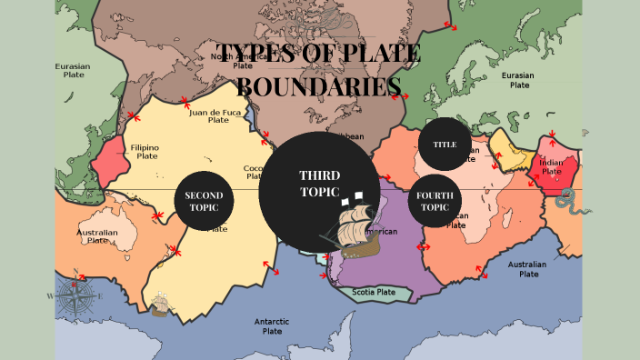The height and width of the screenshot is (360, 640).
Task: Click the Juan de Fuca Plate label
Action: [x=218, y=115]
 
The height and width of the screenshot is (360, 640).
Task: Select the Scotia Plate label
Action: [x=374, y=292]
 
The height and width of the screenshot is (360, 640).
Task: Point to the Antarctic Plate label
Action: [x=272, y=326]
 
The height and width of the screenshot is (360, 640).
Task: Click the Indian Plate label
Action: [x=552, y=166]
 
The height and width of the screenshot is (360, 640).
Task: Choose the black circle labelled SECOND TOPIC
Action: [x=204, y=201]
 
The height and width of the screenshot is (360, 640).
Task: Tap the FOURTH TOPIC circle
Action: [x=435, y=201]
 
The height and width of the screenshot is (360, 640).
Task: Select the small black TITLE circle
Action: [x=445, y=145]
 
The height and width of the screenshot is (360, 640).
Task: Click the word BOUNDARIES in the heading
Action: [x=319, y=87]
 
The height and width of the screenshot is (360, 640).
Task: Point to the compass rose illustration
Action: [x=75, y=296]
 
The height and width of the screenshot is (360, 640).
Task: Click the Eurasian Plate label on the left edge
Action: [x=74, y=71]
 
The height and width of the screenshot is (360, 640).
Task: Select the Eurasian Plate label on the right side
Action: [x=520, y=80]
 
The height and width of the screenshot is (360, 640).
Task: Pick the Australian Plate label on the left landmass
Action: [x=97, y=238]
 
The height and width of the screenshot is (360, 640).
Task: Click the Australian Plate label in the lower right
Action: [x=526, y=269]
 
